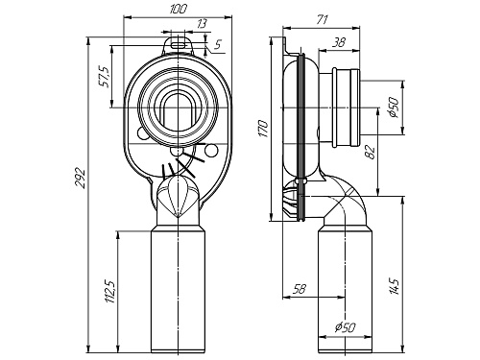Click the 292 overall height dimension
click(80, 178)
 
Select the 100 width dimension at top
click(178, 9)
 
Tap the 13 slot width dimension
click(202, 24)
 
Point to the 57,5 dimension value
click(105, 77)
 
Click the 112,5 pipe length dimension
click(109, 291)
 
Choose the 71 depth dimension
click(322, 20)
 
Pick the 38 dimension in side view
click(338, 42)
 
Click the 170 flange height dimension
click(263, 129)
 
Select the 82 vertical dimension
click(370, 153)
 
